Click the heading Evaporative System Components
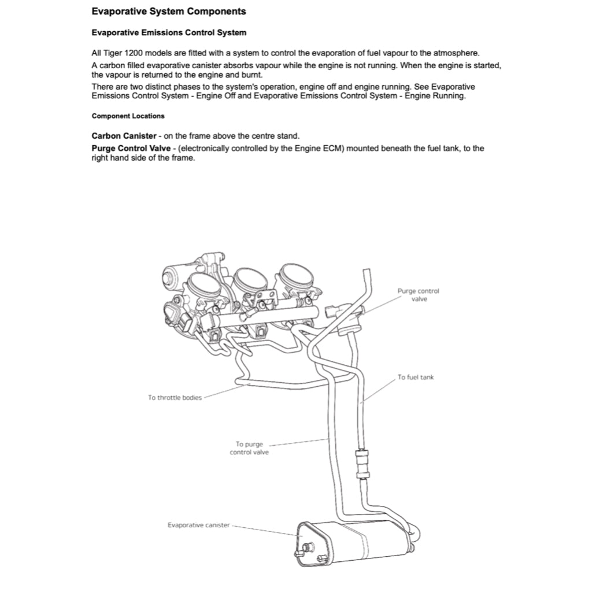click(x=168, y=12)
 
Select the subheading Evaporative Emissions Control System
click(x=169, y=33)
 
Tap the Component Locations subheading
click(x=128, y=116)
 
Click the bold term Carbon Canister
click(x=124, y=136)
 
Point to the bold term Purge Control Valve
click(x=131, y=149)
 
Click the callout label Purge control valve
click(x=419, y=295)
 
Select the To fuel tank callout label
click(x=415, y=378)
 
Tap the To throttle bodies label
click(x=175, y=398)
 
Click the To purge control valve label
click(x=249, y=448)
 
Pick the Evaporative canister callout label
click(x=198, y=525)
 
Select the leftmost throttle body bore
click(x=202, y=286)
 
